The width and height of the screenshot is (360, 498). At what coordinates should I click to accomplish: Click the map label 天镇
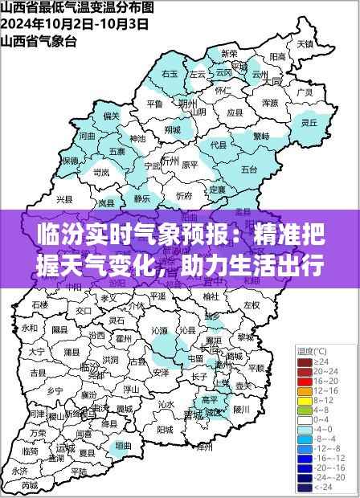(303, 43)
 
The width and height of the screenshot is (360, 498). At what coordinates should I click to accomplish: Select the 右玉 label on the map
(170, 73)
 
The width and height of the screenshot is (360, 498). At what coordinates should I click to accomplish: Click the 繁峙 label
(261, 136)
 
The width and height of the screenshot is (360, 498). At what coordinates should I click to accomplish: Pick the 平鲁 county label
(155, 104)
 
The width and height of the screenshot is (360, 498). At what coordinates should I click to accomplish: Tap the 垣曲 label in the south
(123, 444)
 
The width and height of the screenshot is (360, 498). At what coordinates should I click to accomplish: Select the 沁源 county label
(158, 329)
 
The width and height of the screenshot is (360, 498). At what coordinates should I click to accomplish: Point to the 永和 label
(31, 329)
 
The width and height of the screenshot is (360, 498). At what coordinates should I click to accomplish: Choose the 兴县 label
(64, 198)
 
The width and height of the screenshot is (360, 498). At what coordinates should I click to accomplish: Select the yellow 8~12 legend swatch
(305, 400)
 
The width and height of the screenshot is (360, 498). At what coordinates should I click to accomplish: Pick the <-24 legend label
(322, 488)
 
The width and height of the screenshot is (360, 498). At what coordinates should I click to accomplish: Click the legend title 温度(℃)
(312, 352)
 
